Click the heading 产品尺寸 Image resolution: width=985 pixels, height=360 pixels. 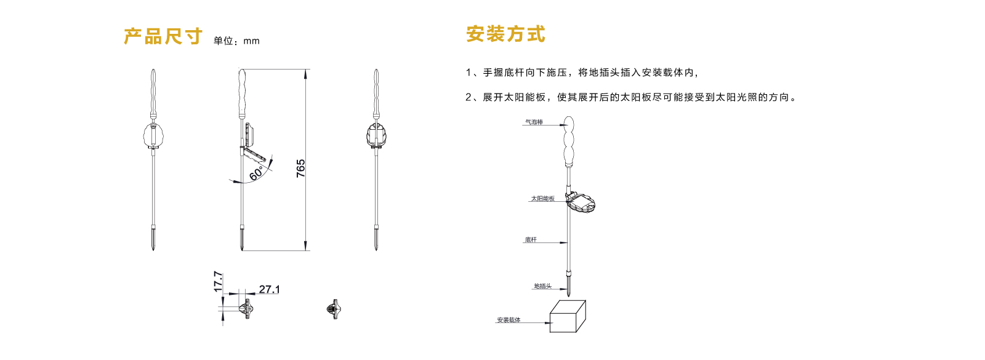click(x=163, y=37)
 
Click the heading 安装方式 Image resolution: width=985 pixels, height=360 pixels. click(x=505, y=34)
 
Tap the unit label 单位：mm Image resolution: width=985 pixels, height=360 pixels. click(x=236, y=41)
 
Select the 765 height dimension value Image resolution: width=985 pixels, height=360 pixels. click(x=301, y=168)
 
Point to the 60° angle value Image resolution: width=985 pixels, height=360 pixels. click(x=257, y=173)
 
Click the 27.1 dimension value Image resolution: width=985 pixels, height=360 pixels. click(x=269, y=289)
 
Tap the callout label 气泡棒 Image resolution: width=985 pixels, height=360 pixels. click(x=534, y=122)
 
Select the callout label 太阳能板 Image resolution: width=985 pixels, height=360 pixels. click(x=542, y=199)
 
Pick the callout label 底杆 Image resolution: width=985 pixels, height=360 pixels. click(x=531, y=240)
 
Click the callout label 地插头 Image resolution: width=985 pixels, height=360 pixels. click(x=542, y=286)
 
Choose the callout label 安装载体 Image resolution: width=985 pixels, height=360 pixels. click(x=509, y=320)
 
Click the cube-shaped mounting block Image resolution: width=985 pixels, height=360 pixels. click(x=567, y=317)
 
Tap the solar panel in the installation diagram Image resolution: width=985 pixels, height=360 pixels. click(x=582, y=203)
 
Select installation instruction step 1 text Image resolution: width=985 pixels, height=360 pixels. click(x=582, y=73)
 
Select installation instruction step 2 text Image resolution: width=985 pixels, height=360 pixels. click(x=631, y=97)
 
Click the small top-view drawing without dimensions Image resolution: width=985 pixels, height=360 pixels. click(x=334, y=309)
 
